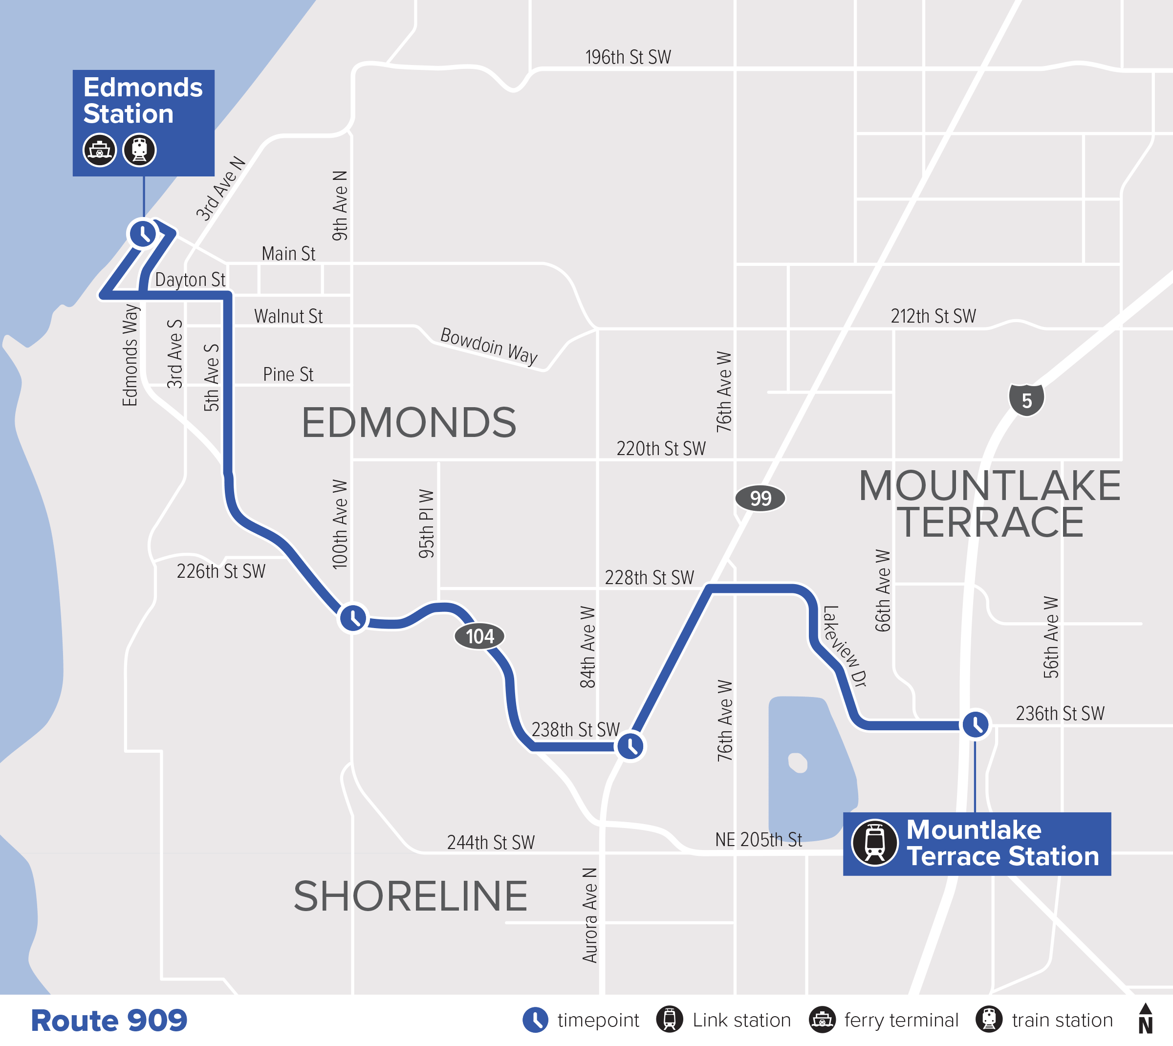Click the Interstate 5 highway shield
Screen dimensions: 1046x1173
tap(1026, 400)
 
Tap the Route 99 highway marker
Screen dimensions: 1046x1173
tap(760, 498)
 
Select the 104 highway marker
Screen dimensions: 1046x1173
tap(479, 636)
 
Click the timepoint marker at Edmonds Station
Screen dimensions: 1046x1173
tap(143, 233)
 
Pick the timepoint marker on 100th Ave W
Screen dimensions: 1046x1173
tap(353, 618)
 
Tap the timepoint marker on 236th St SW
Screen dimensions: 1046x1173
tap(975, 724)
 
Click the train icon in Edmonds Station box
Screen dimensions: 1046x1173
tap(139, 150)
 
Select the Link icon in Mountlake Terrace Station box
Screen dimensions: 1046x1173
tap(874, 843)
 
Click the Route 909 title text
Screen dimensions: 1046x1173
tap(109, 1020)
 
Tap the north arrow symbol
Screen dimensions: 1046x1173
tap(1145, 1019)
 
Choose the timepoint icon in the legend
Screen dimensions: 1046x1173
tap(535, 1020)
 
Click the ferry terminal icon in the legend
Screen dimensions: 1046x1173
tap(822, 1020)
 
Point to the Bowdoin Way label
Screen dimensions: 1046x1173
tap(489, 346)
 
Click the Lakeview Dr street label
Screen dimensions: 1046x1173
tap(844, 646)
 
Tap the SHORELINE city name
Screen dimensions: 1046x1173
tap(411, 896)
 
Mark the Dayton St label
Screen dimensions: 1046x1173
tap(190, 280)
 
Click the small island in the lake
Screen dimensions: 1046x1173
tap(798, 763)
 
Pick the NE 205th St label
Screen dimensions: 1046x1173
tap(758, 840)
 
